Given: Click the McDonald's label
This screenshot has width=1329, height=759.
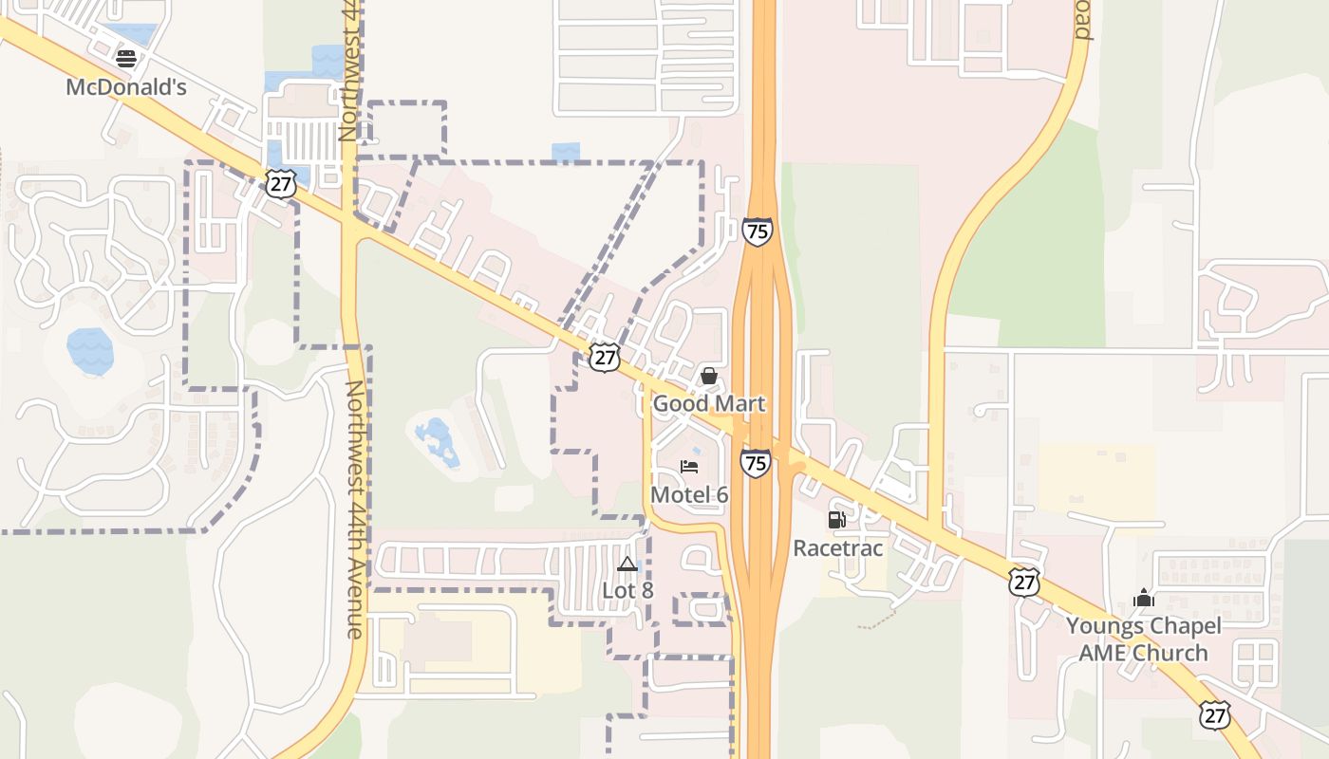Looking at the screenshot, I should click(x=125, y=87).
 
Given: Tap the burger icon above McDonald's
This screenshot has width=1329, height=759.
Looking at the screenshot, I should click(x=125, y=59).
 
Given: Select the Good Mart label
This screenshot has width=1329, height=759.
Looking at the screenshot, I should click(x=708, y=404).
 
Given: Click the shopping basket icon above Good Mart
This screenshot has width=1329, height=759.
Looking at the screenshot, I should click(x=708, y=376).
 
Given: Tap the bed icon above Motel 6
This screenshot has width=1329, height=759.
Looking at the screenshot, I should click(x=689, y=467).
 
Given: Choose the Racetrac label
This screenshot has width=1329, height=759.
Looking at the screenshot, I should click(x=837, y=548).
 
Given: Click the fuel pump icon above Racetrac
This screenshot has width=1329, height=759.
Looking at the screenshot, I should click(x=836, y=520).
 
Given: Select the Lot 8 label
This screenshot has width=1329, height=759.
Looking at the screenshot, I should click(x=627, y=590).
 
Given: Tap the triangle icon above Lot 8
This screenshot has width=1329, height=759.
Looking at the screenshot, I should click(x=627, y=565).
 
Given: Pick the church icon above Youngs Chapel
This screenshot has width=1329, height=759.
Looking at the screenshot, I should click(x=1143, y=599).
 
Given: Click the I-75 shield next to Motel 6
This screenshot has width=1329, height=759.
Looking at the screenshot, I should click(x=755, y=463).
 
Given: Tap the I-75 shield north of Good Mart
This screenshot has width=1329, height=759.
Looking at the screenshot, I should click(x=757, y=231).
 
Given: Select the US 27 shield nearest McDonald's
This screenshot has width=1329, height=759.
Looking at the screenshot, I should click(x=281, y=184).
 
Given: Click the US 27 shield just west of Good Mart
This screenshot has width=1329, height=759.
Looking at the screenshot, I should click(x=604, y=357).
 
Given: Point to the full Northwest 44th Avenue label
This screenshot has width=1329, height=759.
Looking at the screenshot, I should click(x=354, y=509).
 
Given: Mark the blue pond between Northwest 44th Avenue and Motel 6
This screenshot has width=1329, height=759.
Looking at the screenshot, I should click(x=439, y=442).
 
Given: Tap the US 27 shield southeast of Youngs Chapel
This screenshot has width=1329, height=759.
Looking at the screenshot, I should click(x=1214, y=715).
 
